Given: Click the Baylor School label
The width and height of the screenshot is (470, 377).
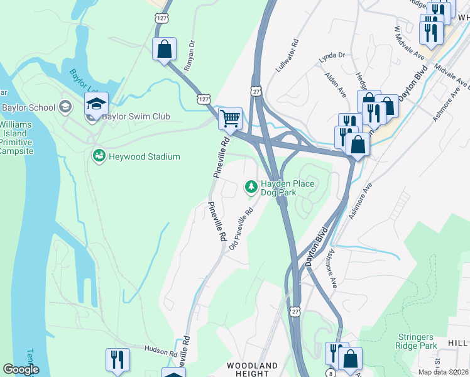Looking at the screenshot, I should (x=28, y=107).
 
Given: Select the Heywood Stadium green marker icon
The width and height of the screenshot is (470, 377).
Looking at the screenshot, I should (x=98, y=156).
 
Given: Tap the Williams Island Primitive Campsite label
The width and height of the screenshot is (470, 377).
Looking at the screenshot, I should (x=14, y=133).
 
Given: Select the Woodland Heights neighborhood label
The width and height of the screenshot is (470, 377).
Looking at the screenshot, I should (x=253, y=369).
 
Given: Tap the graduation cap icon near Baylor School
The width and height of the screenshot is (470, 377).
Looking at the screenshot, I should (x=97, y=103).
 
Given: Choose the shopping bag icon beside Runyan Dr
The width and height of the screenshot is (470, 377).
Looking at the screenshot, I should (x=164, y=48).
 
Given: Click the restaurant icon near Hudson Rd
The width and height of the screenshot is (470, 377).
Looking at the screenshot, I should (x=117, y=359).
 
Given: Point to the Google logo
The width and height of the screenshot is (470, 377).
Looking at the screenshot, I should (x=21, y=369).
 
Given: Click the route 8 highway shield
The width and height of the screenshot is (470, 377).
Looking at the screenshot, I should (x=329, y=373).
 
